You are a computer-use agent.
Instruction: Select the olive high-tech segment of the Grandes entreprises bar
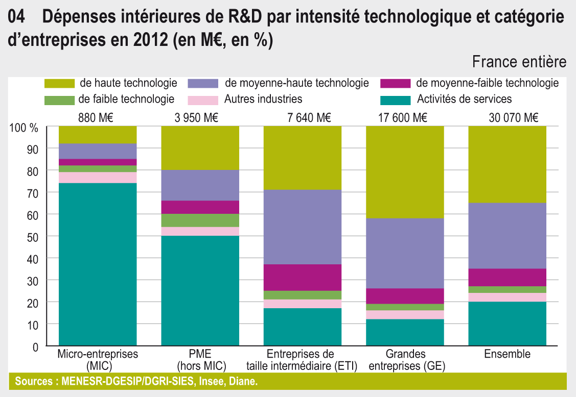(405, 172)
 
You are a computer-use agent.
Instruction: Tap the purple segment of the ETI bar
(303, 227)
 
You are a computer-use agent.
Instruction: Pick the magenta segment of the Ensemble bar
(508, 277)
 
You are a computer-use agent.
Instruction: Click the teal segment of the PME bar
(200, 290)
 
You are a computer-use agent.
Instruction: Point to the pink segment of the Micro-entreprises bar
(98, 177)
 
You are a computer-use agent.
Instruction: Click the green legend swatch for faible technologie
(60, 99)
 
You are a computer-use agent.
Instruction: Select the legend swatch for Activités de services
(396, 99)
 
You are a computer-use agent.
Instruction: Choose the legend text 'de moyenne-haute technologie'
(296, 83)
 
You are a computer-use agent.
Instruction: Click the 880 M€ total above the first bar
(96, 118)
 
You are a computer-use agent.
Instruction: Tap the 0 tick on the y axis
(35, 347)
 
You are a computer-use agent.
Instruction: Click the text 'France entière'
(519, 62)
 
